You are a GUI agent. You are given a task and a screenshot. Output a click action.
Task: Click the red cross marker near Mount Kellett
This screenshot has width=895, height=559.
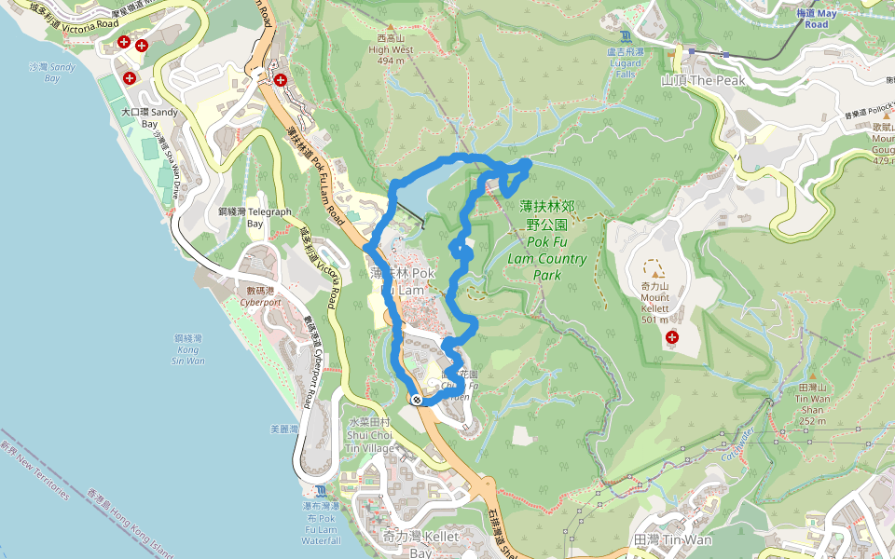[x=669, y=335]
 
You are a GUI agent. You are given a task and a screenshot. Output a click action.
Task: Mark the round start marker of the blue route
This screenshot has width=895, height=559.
[x=416, y=400]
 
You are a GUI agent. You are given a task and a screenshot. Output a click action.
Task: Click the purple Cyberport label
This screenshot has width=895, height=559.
[x=260, y=302]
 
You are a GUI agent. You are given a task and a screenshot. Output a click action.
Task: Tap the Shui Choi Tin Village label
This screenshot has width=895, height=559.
[x=370, y=435]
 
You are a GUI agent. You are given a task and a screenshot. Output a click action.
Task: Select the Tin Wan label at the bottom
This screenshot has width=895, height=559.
[x=671, y=539]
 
